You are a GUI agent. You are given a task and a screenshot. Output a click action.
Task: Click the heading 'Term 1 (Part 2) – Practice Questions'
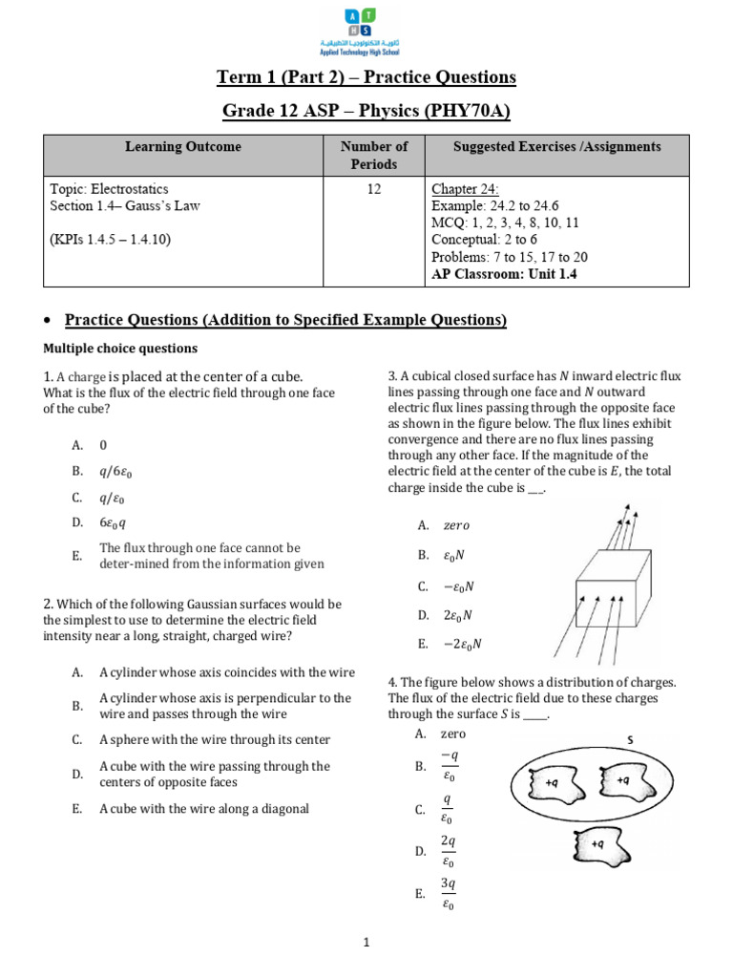pos(366,77)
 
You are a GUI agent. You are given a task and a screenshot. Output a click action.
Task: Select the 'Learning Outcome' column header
pos(182,147)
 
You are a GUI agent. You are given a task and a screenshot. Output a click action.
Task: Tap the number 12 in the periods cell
pos(374,189)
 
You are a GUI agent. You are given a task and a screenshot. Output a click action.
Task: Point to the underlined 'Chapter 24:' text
pos(465,189)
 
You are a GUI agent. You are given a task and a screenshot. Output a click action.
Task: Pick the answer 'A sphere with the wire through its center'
pos(215,739)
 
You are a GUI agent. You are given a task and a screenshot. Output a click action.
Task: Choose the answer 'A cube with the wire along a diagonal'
pos(204,808)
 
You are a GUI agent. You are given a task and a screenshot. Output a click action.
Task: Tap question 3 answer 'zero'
pos(455,525)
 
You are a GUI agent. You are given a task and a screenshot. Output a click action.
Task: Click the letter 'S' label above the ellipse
pos(630,739)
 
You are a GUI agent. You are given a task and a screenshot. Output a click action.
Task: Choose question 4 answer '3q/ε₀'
pos(447,894)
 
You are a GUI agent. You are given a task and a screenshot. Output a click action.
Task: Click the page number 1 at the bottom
pos(366,944)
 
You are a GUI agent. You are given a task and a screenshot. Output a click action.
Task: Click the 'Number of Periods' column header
pos(374,155)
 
